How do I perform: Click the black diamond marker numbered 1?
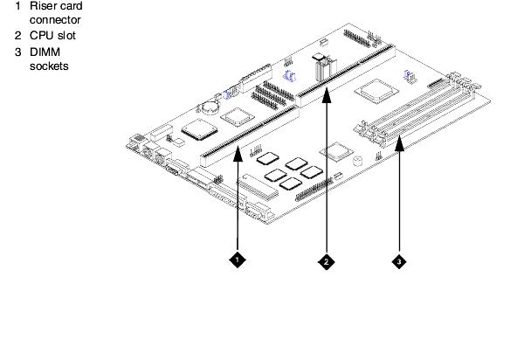tap(238, 260)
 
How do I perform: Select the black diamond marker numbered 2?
tap(327, 262)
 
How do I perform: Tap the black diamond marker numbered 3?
tap(399, 262)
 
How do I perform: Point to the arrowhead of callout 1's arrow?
tap(238, 154)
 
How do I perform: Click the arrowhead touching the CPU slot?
tap(327, 94)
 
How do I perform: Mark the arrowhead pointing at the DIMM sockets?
tap(399, 142)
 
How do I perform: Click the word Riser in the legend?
tap(41, 6)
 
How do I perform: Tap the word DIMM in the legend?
tap(45, 52)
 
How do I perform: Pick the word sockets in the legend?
tap(49, 66)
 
